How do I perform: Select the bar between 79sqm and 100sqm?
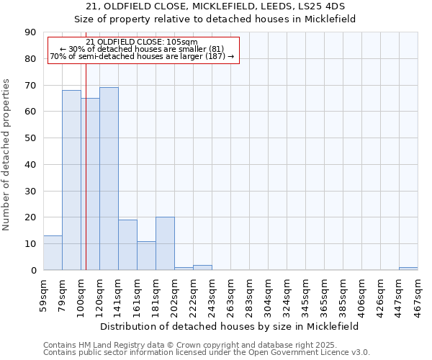point(71,180)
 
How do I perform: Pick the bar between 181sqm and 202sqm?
point(165,243)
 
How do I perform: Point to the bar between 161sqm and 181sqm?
point(146,256)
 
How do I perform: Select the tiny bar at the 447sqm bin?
point(408,269)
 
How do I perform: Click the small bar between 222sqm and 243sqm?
point(202,268)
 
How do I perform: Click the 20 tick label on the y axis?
point(31,217)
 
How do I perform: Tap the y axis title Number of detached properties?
point(7,164)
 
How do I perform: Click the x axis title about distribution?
point(229,326)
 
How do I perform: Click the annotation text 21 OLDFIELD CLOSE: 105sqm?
point(141,42)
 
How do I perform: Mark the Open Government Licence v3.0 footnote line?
point(207,353)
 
